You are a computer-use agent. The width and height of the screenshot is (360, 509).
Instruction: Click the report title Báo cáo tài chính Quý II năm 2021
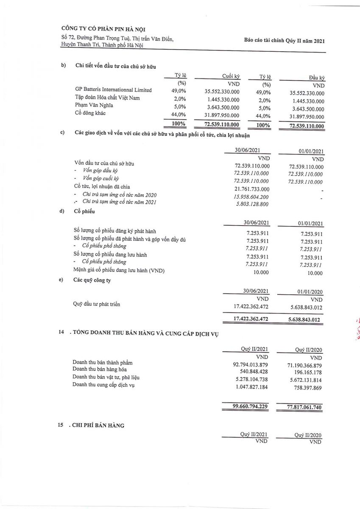coord(284,41)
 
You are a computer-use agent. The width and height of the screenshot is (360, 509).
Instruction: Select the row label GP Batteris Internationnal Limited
coord(113,90)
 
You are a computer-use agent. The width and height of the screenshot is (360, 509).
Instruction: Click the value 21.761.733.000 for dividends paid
coord(251,189)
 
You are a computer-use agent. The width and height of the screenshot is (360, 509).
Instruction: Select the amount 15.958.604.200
coord(251,197)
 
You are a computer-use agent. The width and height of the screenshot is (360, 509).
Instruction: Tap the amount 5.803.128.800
coord(253,204)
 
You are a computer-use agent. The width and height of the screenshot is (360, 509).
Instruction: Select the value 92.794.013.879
coord(251,365)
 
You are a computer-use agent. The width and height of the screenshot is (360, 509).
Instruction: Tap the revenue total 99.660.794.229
coord(250,406)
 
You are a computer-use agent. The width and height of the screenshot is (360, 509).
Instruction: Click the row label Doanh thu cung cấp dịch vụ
coord(104,385)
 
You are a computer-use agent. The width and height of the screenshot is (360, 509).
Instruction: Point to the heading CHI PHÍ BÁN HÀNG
coord(98,425)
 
